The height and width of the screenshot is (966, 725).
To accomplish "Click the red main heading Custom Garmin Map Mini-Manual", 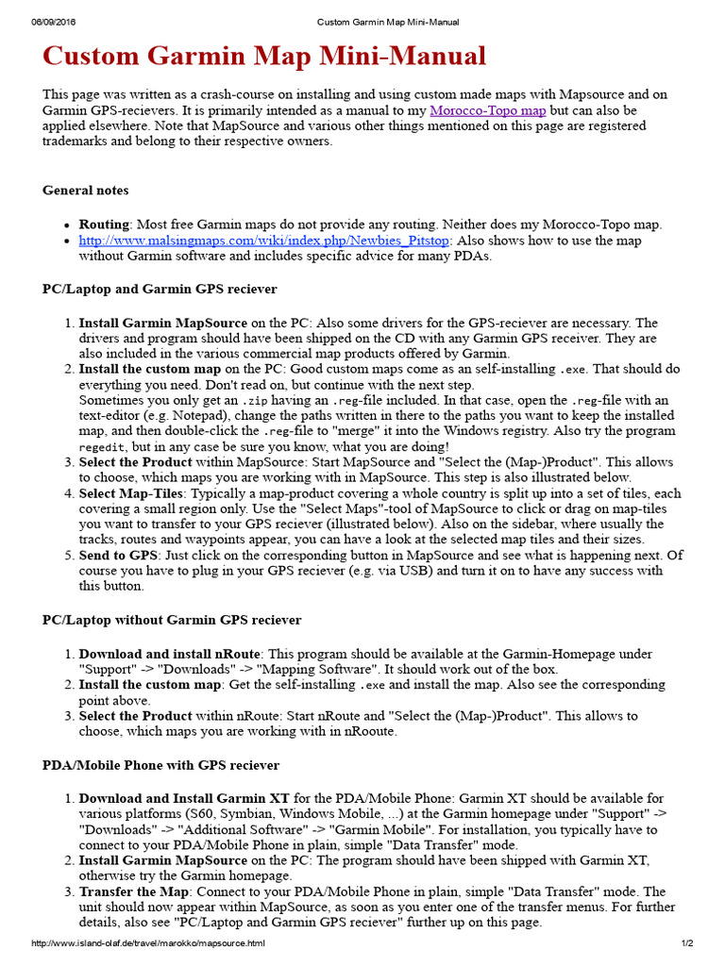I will point(264,57).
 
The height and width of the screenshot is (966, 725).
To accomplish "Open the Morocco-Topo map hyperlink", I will point(488,110).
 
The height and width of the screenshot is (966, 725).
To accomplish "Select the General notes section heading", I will point(85,190).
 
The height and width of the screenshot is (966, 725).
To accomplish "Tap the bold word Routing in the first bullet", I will point(104,225).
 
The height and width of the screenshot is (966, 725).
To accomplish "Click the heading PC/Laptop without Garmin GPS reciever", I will point(172,620).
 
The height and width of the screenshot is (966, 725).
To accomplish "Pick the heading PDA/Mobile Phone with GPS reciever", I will point(160,765).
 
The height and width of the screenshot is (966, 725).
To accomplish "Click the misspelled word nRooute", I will point(370,731).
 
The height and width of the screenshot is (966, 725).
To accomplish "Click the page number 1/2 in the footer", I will point(686,943).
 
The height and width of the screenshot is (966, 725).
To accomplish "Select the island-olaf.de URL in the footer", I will point(148,943).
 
